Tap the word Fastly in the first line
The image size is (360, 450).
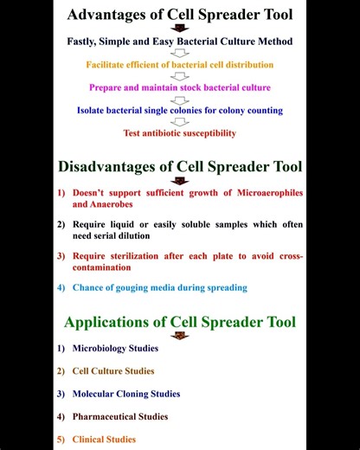tap(85, 42)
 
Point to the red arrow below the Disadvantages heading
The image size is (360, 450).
tap(180, 180)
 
